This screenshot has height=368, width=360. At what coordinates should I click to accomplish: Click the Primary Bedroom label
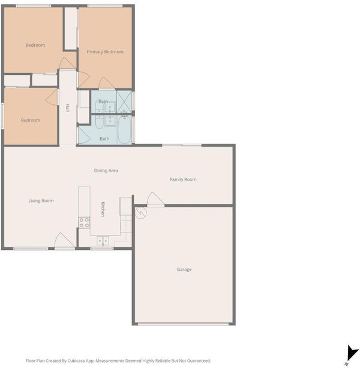coord(105,52)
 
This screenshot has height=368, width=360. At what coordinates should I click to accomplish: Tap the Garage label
coord(184,270)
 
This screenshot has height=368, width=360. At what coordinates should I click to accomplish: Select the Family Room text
coord(183,180)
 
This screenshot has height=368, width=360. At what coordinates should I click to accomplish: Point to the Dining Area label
coord(106,170)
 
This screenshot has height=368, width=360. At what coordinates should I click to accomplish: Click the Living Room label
coord(41,201)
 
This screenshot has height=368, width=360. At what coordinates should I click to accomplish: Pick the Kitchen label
coord(103,209)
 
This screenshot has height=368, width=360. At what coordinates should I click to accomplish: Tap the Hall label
coord(68,108)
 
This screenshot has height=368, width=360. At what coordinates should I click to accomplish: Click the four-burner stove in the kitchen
coord(84,222)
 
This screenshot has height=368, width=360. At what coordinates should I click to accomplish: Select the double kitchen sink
coord(103,241)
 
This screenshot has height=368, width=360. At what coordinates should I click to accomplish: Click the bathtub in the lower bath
coord(124,130)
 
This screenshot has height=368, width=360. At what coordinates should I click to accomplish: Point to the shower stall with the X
coord(124,102)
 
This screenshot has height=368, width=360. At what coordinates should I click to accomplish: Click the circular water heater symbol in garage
coord(140,213)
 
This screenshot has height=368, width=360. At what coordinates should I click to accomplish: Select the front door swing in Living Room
coord(64,240)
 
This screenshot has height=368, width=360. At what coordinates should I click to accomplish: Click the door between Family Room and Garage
coord(155,199)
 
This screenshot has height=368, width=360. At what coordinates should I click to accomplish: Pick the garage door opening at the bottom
coord(183,324)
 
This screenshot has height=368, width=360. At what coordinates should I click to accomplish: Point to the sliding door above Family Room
coord(182,146)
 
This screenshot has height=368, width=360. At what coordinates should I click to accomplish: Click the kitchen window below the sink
coord(102,248)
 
